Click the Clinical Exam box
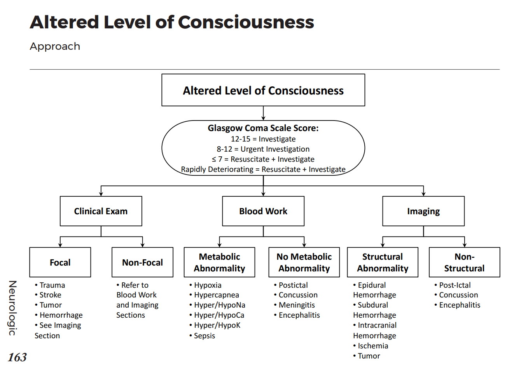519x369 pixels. coord(101,211)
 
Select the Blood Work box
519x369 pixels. coord(263,211)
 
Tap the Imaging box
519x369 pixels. coord(423,211)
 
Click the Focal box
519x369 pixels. coord(60,262)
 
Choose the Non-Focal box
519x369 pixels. coord(142,262)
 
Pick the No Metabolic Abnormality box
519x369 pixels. coord(304,262)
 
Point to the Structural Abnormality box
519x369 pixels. coord(383,262)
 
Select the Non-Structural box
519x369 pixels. coord(464,262)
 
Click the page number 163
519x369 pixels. coord(17,357)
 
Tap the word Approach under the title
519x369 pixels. coord(55,46)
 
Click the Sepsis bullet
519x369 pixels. coord(204,336)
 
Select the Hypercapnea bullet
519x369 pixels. coord(216,295)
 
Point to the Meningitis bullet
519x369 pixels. coord(296,305)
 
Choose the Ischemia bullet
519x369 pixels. coord(372,346)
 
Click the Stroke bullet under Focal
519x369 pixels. coord(50,295)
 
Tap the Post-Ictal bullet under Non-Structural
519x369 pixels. coord(454,285)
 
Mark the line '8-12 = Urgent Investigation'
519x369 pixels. coord(263,149)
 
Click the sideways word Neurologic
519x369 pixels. coord(12,308)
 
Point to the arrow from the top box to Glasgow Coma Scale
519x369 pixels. coord(263,113)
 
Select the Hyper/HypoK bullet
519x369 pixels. coord(217,325)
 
